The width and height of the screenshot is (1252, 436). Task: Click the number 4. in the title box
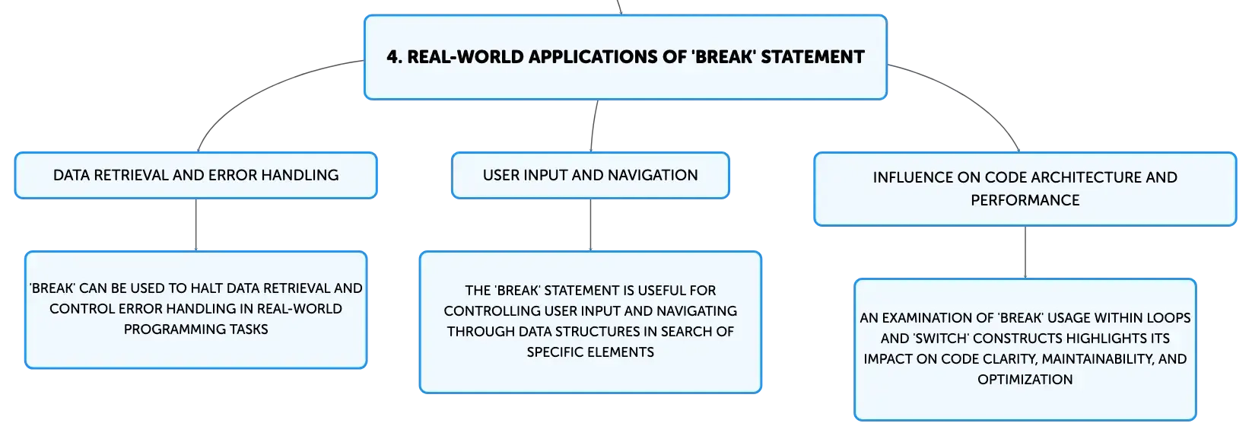tap(394, 57)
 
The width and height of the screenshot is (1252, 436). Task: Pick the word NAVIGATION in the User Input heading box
tap(653, 176)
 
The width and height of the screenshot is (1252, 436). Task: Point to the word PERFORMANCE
tap(1025, 200)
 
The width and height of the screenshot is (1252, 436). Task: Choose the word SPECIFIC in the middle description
tap(554, 352)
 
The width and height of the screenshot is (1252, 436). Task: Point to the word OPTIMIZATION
tap(1025, 380)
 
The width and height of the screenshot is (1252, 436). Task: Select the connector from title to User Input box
tap(593, 126)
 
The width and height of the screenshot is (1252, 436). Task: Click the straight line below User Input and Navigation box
tap(591, 224)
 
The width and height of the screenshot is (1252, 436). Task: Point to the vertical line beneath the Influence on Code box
tap(1025, 252)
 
